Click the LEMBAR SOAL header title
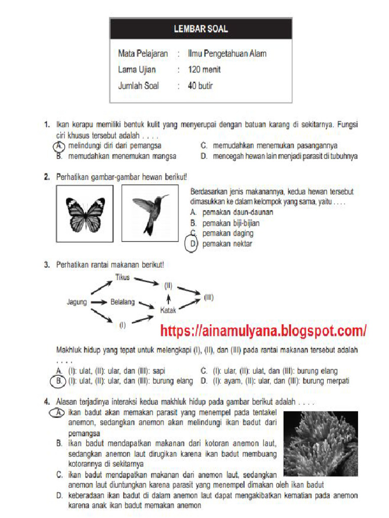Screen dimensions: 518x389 (x=201, y=29)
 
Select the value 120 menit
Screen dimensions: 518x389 (x=204, y=70)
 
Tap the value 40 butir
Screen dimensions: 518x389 (x=200, y=86)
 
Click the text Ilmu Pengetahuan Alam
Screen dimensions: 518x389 (x=227, y=54)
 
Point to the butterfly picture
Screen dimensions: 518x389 (x=85, y=213)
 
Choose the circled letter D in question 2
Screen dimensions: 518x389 (x=192, y=244)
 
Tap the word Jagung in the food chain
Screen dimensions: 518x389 (x=77, y=302)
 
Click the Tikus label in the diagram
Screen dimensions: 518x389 (x=123, y=277)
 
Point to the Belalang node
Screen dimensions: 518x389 (x=123, y=302)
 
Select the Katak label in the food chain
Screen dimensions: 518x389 (x=168, y=310)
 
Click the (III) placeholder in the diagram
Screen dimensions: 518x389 (x=209, y=298)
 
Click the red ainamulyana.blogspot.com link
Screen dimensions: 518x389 (x=263, y=331)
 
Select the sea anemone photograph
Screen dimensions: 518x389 (x=321, y=444)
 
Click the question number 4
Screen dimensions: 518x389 (x=46, y=402)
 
